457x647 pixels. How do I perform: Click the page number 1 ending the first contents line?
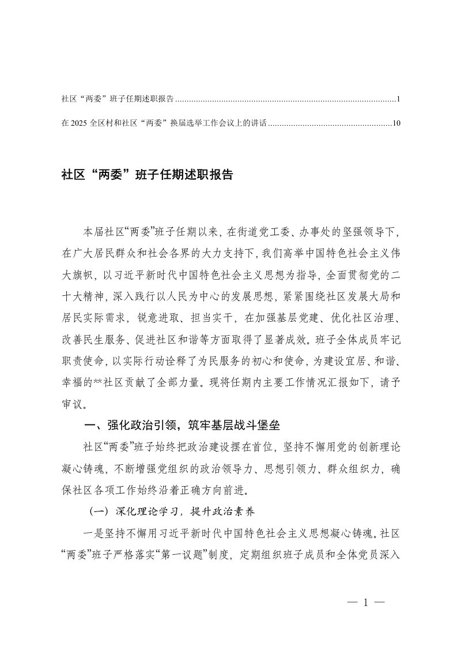point(398,100)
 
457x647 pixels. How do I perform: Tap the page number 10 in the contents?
point(396,123)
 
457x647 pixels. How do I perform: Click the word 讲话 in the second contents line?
point(258,123)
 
